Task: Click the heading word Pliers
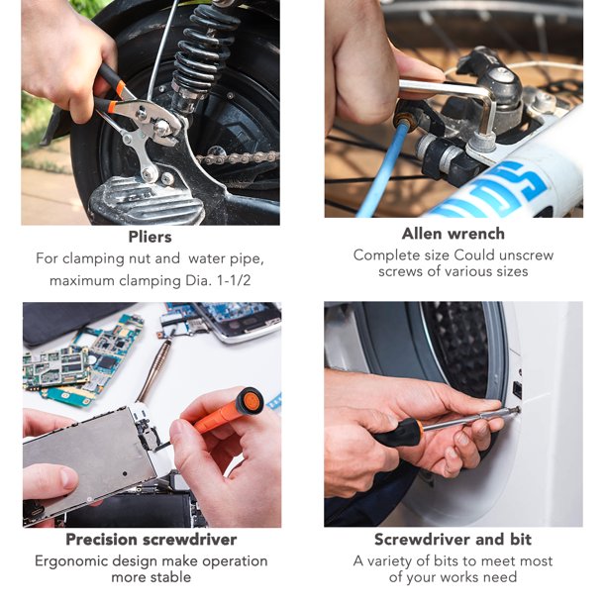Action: tap(150, 237)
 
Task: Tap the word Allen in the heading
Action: tap(421, 234)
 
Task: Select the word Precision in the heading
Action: tap(102, 539)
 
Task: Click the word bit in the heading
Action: tap(520, 539)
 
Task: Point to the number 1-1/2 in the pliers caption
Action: tap(234, 280)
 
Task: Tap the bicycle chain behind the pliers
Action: tap(238, 157)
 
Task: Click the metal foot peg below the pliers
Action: tap(147, 201)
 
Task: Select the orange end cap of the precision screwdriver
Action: tap(249, 400)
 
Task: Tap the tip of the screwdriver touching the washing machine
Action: tap(517, 410)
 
